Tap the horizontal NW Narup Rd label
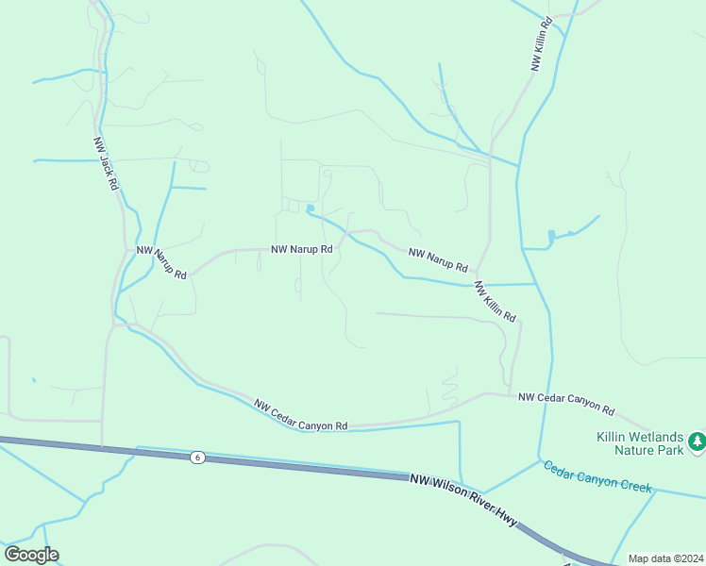coord(302,250)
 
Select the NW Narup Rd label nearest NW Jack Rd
coord(161,262)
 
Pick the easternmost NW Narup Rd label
coord(438,260)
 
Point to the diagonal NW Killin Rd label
coord(496,301)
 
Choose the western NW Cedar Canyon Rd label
coord(301,415)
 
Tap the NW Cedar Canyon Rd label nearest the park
coord(566,405)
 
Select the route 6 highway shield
coord(196,458)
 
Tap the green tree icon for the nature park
coord(697,441)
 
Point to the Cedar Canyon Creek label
coord(597,474)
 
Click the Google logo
coord(31,555)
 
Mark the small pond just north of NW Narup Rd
coord(310,208)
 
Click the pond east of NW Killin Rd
coord(550,235)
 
